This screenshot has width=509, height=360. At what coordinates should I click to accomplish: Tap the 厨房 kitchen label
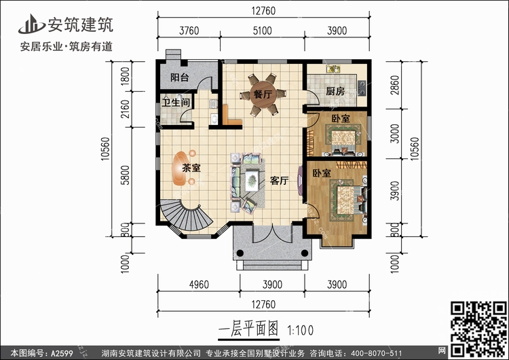(335, 91)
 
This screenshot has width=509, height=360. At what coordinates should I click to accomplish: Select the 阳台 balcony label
(179, 77)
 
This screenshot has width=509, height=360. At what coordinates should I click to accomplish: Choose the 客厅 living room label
(280, 181)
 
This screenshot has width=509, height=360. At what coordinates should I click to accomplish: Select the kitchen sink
(334, 69)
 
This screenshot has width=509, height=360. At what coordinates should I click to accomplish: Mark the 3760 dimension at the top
(189, 30)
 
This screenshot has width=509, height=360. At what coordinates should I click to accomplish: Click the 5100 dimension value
(261, 30)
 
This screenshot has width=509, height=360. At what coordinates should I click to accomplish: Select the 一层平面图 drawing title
(248, 330)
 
